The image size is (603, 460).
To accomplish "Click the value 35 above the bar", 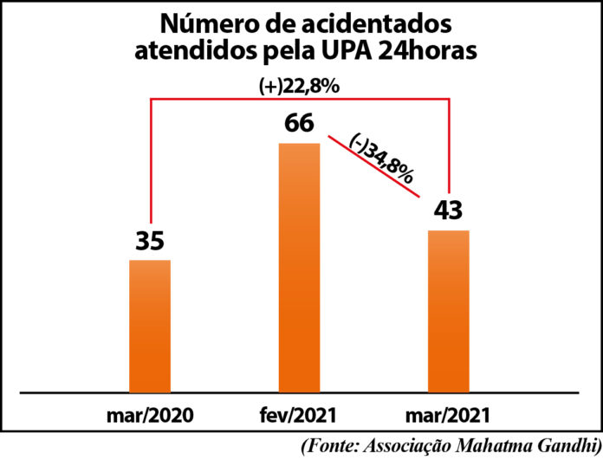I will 150,240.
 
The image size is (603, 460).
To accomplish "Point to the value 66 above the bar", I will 299,123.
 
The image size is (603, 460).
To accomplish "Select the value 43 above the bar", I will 448,211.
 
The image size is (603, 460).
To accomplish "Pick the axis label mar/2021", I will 448,412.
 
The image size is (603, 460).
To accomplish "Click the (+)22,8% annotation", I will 300,86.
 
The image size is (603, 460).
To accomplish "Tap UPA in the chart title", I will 373,51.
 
